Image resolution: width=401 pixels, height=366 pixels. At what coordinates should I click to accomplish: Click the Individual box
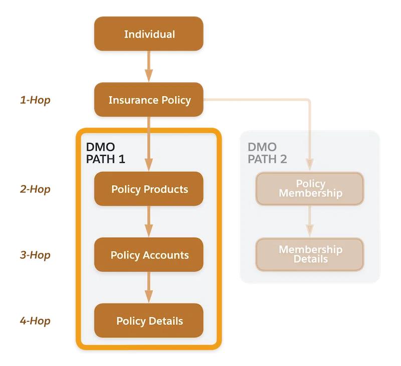click(149, 34)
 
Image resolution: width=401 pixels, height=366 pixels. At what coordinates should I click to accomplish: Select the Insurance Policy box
click(149, 99)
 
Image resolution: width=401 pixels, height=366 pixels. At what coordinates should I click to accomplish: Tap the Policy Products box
click(149, 189)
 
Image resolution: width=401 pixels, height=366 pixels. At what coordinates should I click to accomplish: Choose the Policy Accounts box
click(149, 255)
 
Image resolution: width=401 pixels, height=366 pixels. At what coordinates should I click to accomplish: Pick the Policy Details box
click(149, 320)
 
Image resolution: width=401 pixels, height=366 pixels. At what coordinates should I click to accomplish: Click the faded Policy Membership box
click(310, 189)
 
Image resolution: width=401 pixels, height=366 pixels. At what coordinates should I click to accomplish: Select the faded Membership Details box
click(310, 254)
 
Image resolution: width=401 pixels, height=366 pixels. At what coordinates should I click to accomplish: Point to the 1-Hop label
click(35, 100)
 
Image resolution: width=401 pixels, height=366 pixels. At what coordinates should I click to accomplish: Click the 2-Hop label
click(35, 189)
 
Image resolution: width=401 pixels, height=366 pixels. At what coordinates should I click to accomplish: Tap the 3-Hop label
click(35, 255)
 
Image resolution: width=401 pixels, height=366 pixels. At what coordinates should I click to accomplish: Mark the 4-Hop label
click(35, 321)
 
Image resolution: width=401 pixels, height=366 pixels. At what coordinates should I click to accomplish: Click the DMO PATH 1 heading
click(105, 153)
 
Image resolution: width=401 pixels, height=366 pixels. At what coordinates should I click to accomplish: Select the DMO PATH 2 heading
click(267, 153)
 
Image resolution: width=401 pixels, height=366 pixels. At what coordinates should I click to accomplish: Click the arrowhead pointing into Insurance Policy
click(149, 75)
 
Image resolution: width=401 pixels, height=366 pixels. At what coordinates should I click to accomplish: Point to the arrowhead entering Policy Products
click(149, 165)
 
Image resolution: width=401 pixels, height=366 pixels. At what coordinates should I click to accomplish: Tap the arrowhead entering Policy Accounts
click(149, 231)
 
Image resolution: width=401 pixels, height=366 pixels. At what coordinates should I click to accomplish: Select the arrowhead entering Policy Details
click(149, 296)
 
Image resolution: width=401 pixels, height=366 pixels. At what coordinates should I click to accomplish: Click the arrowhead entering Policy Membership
click(310, 165)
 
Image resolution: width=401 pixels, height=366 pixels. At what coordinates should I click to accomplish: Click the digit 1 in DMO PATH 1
click(122, 159)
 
